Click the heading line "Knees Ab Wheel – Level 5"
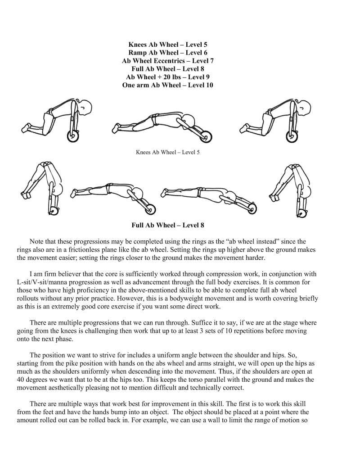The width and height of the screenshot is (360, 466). click(167, 45)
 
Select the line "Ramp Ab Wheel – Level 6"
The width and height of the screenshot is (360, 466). click(167, 53)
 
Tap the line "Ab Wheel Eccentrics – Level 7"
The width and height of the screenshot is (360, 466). click(167, 61)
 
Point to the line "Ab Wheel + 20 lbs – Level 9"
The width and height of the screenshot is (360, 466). click(167, 77)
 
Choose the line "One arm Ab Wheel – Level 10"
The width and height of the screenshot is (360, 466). click(167, 85)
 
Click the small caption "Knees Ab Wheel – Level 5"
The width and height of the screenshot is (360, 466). click(167, 152)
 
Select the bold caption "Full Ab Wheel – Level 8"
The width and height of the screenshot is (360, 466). click(167, 224)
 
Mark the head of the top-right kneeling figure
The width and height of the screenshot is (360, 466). click(304, 107)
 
